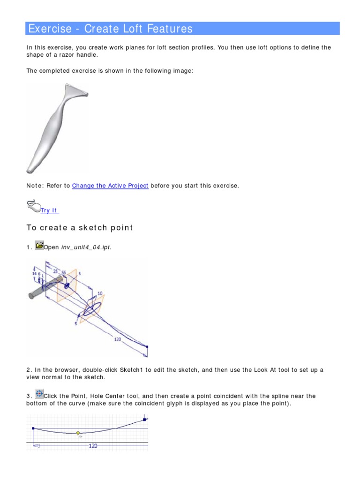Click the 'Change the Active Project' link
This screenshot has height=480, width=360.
pyautogui.click(x=110, y=186)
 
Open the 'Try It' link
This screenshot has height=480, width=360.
pyautogui.click(x=49, y=210)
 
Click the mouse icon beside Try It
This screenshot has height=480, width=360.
pyautogui.click(x=33, y=206)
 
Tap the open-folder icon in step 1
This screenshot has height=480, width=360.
pyautogui.click(x=39, y=245)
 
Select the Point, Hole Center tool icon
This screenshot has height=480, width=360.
pyautogui.click(x=39, y=394)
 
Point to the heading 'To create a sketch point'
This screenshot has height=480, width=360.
pyautogui.click(x=80, y=228)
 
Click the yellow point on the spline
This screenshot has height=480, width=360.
pyautogui.click(x=78, y=433)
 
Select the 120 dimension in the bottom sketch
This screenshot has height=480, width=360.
pyautogui.click(x=93, y=446)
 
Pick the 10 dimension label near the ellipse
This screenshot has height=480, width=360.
pyautogui.click(x=100, y=293)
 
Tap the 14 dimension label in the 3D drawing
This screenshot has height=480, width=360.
pyautogui.click(x=34, y=273)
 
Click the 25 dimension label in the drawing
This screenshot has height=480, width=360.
pyautogui.click(x=56, y=271)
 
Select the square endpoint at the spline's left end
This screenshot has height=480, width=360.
pyautogui.click(x=33, y=428)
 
